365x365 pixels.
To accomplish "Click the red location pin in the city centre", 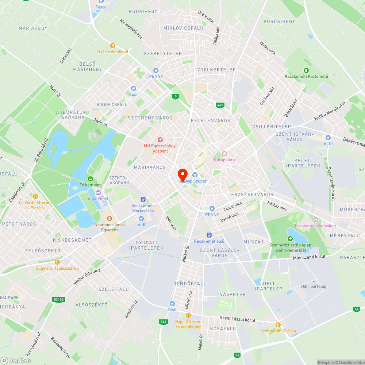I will click(182, 175).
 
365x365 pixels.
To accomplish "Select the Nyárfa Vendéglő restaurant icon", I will click(113, 46).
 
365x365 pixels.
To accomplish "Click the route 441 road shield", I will click(220, 105).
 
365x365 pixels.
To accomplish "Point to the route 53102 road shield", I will click(58, 300).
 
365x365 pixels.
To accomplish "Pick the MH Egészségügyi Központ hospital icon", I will click(160, 140).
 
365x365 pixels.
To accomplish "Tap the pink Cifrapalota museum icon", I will click(224, 154).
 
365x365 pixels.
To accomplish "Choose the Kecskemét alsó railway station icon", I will click(209, 235).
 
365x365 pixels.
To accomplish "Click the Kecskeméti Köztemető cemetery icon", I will click(306, 70).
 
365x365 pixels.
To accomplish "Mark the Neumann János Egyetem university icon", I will click(109, 219).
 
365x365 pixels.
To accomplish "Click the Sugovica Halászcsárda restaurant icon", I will click(57, 262).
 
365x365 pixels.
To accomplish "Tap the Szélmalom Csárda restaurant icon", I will click(278, 324).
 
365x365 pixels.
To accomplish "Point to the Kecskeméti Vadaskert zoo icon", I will click(315, 219).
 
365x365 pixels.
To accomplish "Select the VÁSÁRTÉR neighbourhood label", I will click(233, 294).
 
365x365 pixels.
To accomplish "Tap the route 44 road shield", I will click(356, 309).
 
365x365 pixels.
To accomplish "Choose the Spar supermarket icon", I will click(133, 88).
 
